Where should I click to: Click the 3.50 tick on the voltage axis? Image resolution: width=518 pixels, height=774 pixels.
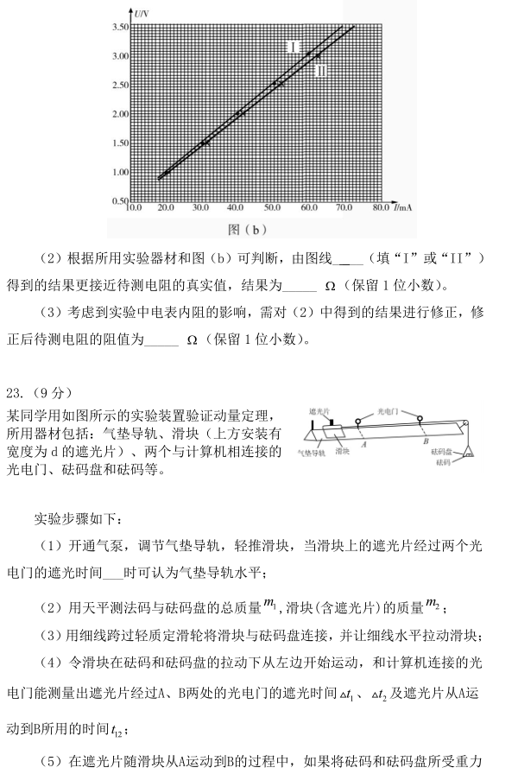point(121,28)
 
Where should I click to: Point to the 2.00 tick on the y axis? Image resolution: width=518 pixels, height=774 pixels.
point(121,114)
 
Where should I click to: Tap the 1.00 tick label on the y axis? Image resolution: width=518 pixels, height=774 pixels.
point(121,172)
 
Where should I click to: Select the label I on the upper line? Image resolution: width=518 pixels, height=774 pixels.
point(294,46)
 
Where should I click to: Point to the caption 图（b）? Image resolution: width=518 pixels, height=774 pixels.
point(248,229)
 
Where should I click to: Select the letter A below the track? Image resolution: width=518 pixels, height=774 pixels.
point(364,444)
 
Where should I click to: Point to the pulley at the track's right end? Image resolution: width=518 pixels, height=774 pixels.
point(464,424)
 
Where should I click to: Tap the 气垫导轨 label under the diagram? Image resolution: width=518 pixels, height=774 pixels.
point(310,452)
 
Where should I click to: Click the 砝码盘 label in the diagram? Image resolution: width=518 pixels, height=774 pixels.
point(442,452)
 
